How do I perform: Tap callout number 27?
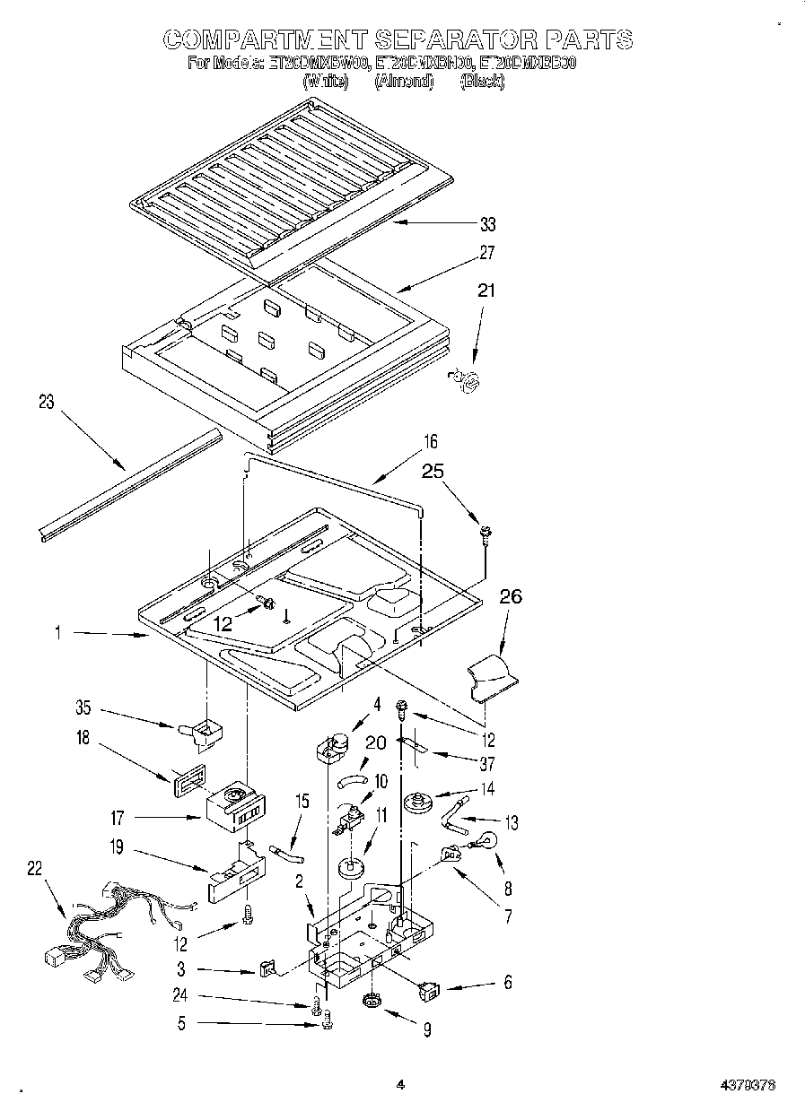[487, 253]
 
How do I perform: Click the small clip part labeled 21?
[468, 380]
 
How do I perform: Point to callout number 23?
[46, 403]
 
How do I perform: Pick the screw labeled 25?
[486, 534]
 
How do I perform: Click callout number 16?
[431, 441]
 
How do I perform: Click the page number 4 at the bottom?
[400, 1084]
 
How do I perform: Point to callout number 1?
[57, 633]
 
